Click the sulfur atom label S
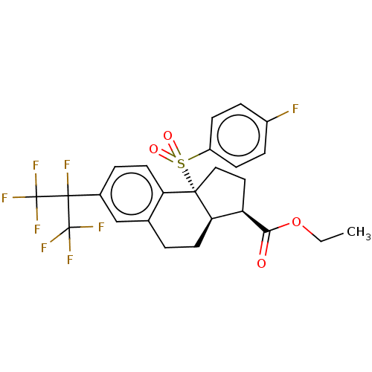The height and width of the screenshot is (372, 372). coord(181,164)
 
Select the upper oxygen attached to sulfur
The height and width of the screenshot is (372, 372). coord(167,136)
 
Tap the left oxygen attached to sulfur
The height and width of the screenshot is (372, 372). coord(153,150)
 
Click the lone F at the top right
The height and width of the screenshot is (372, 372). coord(295,109)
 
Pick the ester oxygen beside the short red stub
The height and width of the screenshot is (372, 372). coord(296,222)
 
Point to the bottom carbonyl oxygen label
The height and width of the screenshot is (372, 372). coord(261,263)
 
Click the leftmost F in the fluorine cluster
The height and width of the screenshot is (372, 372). coord(4,199)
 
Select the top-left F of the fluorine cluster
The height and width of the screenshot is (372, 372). coord(35,166)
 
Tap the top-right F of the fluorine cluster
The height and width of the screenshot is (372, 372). coord(66,165)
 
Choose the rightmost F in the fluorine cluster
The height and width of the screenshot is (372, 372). coord(101,228)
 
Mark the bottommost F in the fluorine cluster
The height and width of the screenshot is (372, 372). coord(70,260)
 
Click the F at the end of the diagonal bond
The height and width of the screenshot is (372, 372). coord(44,248)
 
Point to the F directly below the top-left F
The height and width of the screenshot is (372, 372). coord(36,230)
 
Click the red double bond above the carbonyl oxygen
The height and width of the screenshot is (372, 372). coord(263,248)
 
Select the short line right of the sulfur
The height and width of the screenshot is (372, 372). coord(193,157)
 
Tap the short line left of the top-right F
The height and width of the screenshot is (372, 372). coord(283,115)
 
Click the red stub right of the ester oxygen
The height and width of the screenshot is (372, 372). coord(307,231)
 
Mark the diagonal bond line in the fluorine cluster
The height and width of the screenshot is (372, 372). coord(54,240)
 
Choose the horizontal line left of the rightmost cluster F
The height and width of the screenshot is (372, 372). coord(87,226)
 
